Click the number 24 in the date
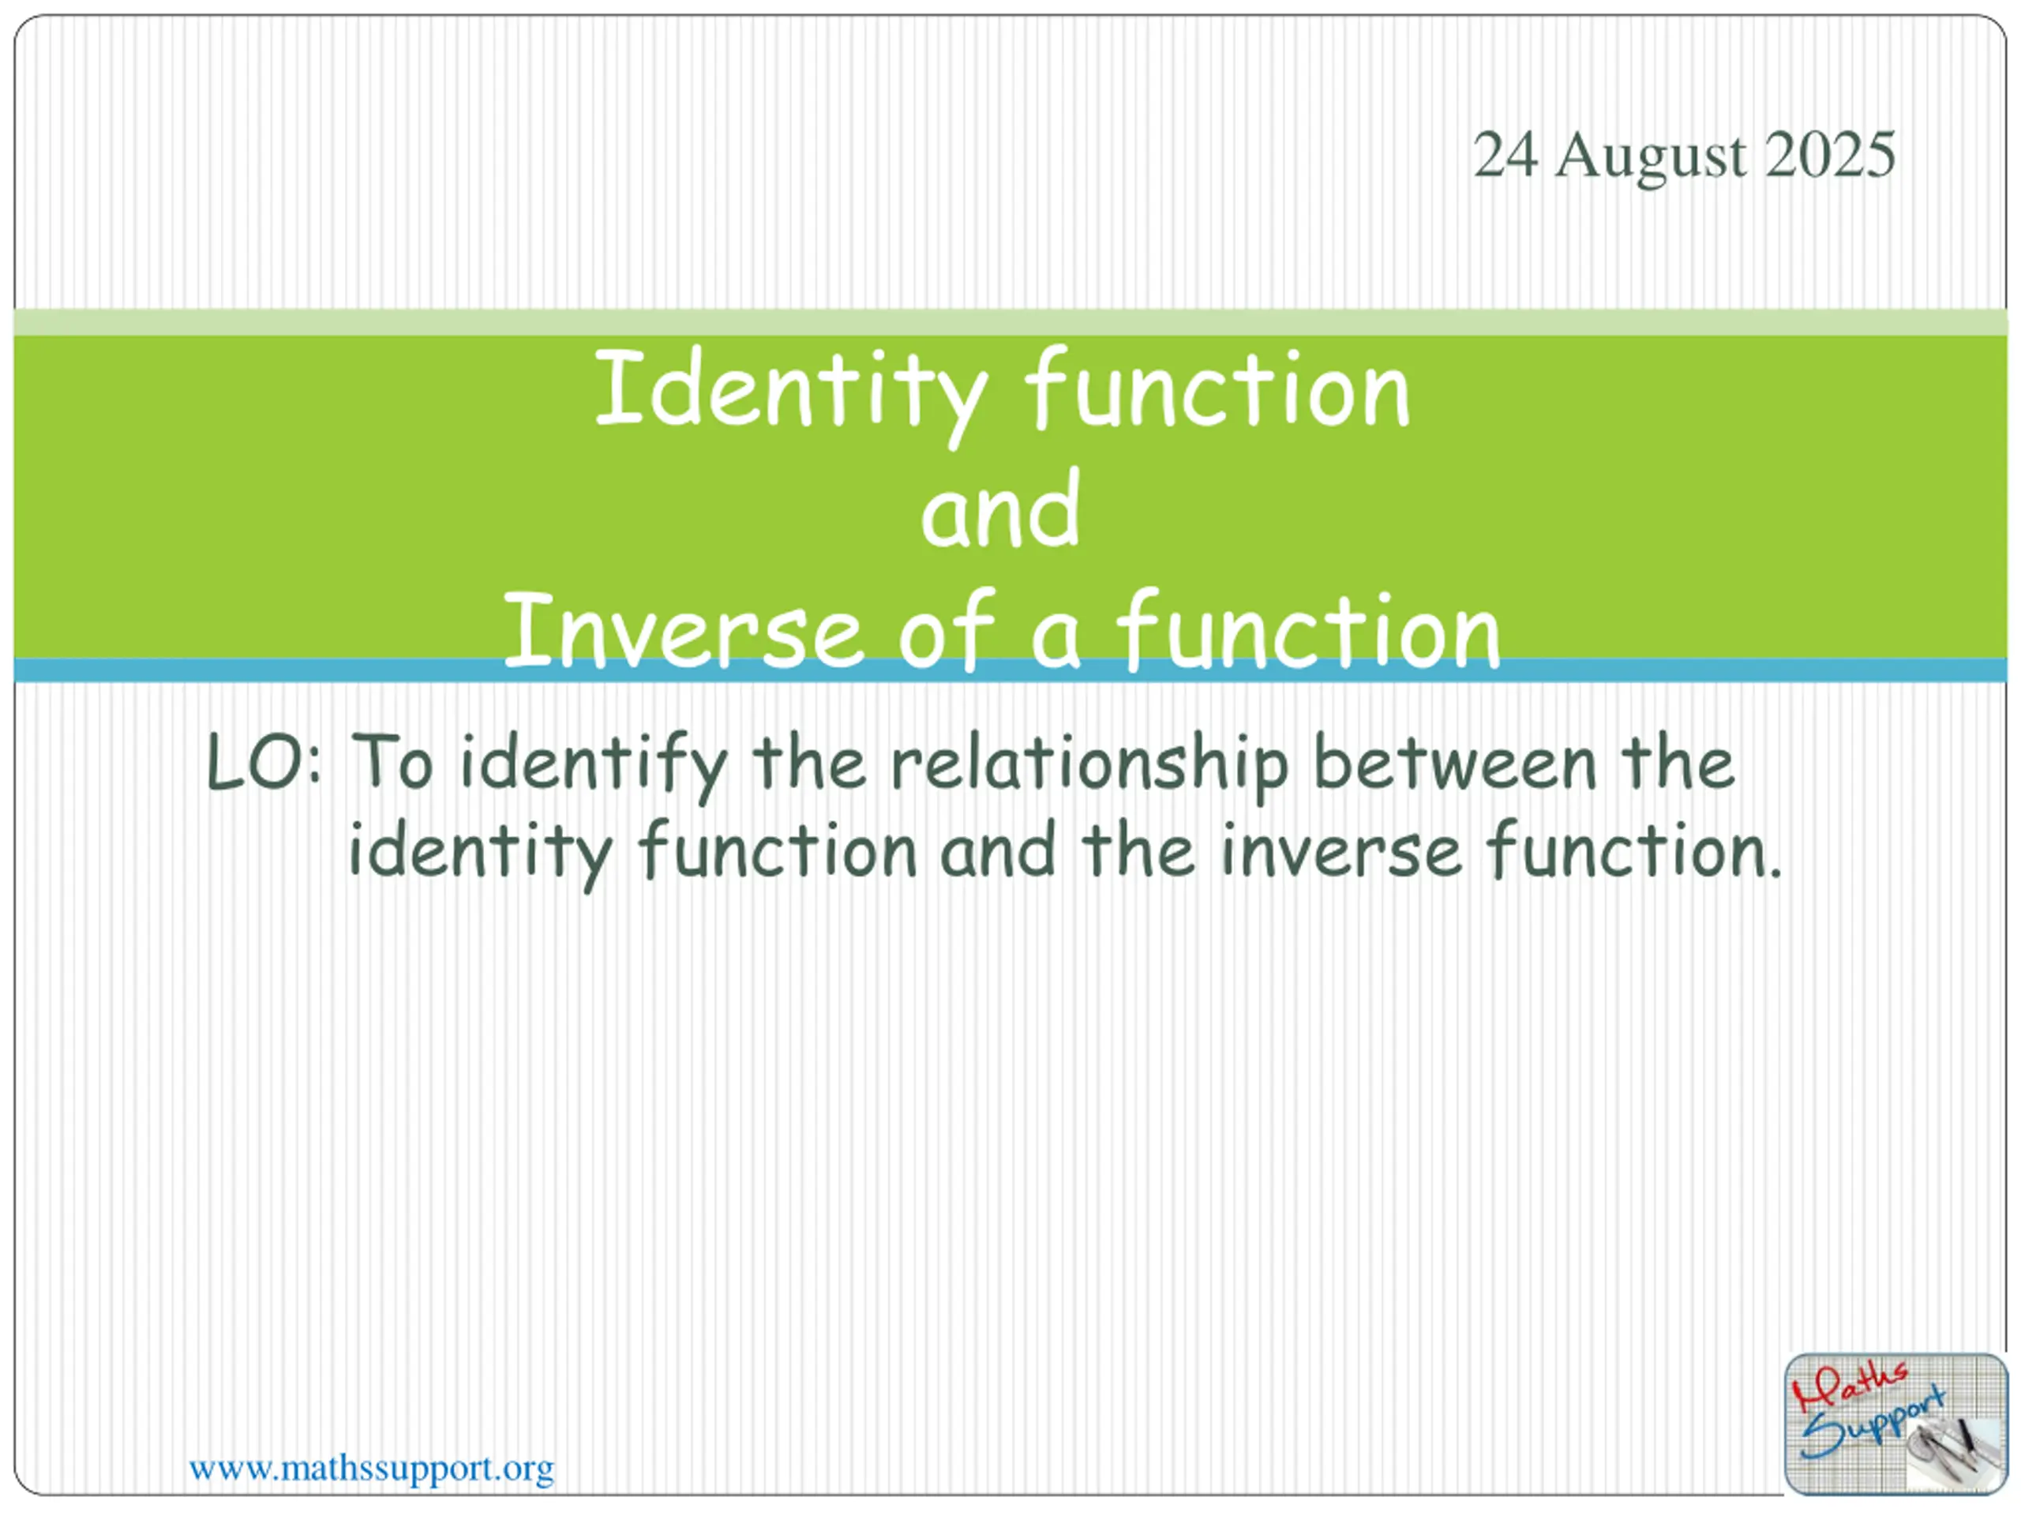(1505, 155)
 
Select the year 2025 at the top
(1830, 155)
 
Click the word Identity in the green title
(792, 395)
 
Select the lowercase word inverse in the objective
(1342, 850)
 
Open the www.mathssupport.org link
(371, 1470)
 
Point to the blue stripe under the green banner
(1010, 670)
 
